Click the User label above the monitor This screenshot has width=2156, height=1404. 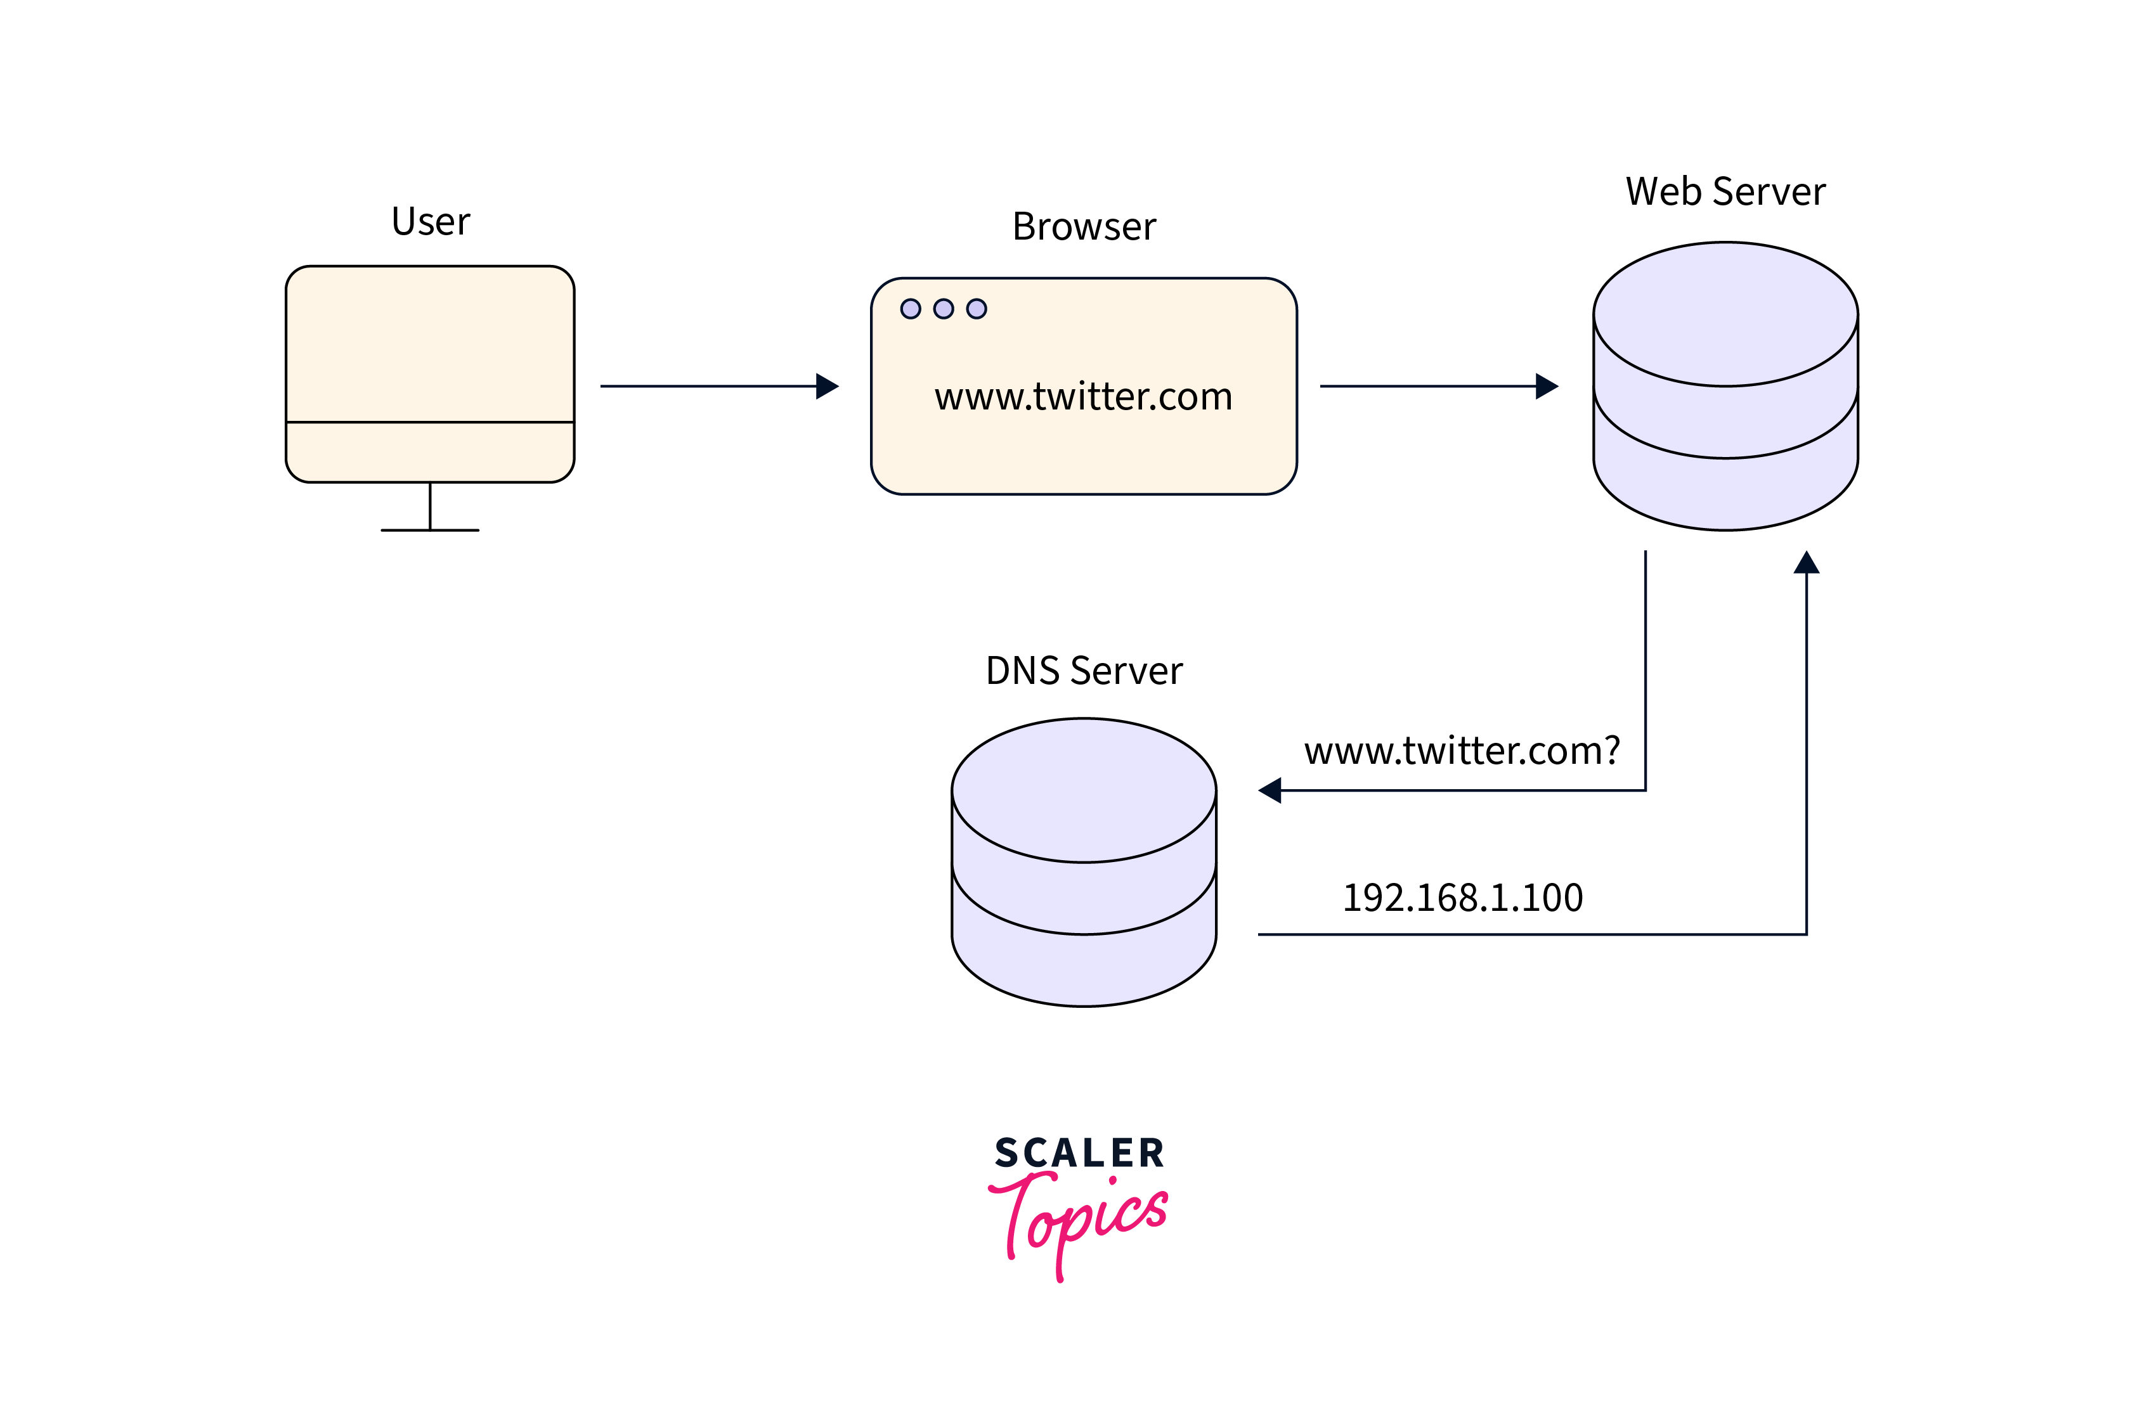coord(431,222)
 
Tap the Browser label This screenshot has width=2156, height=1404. coord(1084,226)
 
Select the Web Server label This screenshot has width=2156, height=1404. coord(1725,192)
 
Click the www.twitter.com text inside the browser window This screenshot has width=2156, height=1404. coord(1084,397)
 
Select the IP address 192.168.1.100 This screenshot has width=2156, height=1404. coord(1462,898)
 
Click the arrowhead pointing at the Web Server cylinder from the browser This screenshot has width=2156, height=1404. coord(1547,386)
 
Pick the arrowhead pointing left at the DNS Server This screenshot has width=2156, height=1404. coord(1270,790)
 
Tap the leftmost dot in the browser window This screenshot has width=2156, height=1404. coord(911,309)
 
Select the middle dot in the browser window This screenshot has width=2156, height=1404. coord(943,309)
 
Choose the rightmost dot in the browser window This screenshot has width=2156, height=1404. coord(977,309)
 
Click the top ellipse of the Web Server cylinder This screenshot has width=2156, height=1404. coord(1725,313)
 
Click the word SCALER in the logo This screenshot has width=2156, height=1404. coord(1079,1153)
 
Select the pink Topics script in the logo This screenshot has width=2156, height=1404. coord(1078,1218)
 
